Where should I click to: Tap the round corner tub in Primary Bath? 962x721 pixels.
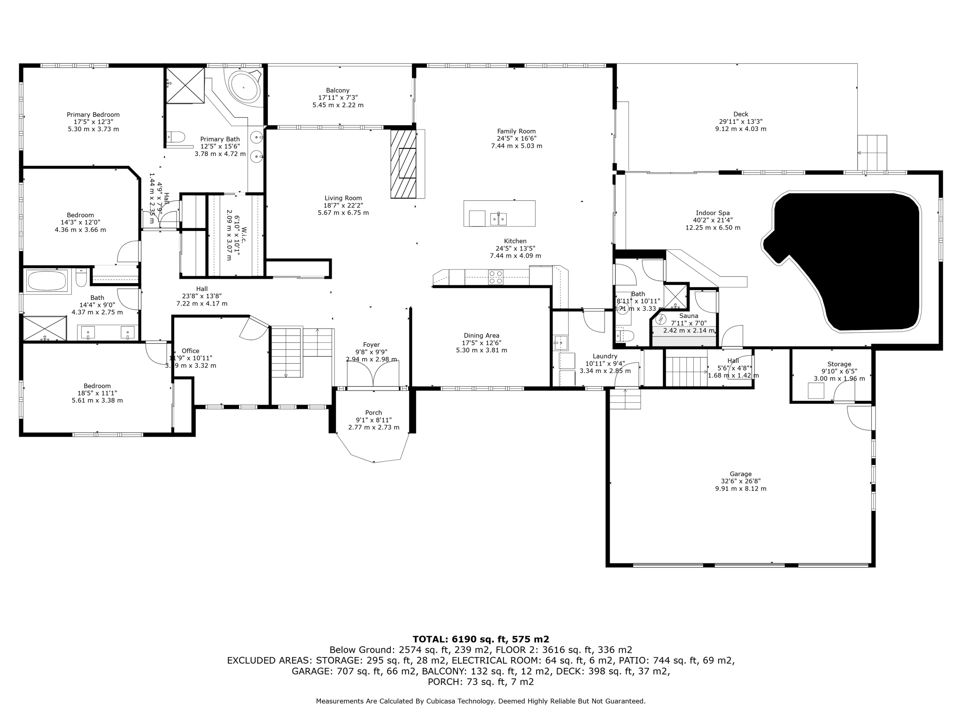(x=244, y=87)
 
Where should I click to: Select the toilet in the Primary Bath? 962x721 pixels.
(x=176, y=137)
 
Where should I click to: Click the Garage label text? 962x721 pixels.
(x=740, y=474)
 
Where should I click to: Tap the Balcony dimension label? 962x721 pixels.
(x=338, y=101)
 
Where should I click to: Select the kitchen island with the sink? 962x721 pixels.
(x=499, y=214)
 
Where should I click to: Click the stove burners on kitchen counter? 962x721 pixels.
(x=496, y=277)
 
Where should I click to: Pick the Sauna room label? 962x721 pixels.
(x=689, y=316)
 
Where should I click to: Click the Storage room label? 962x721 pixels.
(x=839, y=364)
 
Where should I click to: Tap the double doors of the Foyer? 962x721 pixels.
(x=373, y=374)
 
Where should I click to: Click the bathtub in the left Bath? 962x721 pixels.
(x=47, y=281)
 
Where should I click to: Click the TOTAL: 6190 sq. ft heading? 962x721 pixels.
(x=481, y=639)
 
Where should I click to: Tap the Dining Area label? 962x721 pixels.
(x=481, y=336)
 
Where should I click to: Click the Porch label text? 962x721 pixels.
(x=373, y=413)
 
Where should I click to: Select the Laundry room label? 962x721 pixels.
(x=605, y=356)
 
